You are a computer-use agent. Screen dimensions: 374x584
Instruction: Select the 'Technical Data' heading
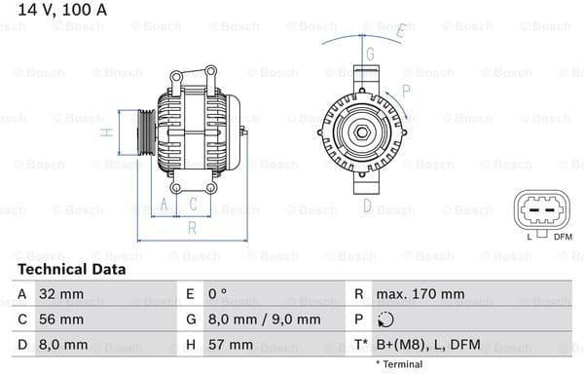click(72, 269)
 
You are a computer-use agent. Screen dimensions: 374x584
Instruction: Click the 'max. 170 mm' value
click(421, 293)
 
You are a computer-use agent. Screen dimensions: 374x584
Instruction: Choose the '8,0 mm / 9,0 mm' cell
click(265, 319)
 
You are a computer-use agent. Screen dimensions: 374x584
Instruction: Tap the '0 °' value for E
click(219, 293)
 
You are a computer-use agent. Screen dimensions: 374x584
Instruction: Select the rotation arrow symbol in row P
click(386, 319)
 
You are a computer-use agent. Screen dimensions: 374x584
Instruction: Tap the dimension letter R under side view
click(192, 228)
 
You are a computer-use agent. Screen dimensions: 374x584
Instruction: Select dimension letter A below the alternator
click(164, 204)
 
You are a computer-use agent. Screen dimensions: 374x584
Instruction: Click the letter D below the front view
click(367, 205)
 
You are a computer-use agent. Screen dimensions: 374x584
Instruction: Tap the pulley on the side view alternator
click(143, 132)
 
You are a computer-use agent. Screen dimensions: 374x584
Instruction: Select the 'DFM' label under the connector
click(563, 236)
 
